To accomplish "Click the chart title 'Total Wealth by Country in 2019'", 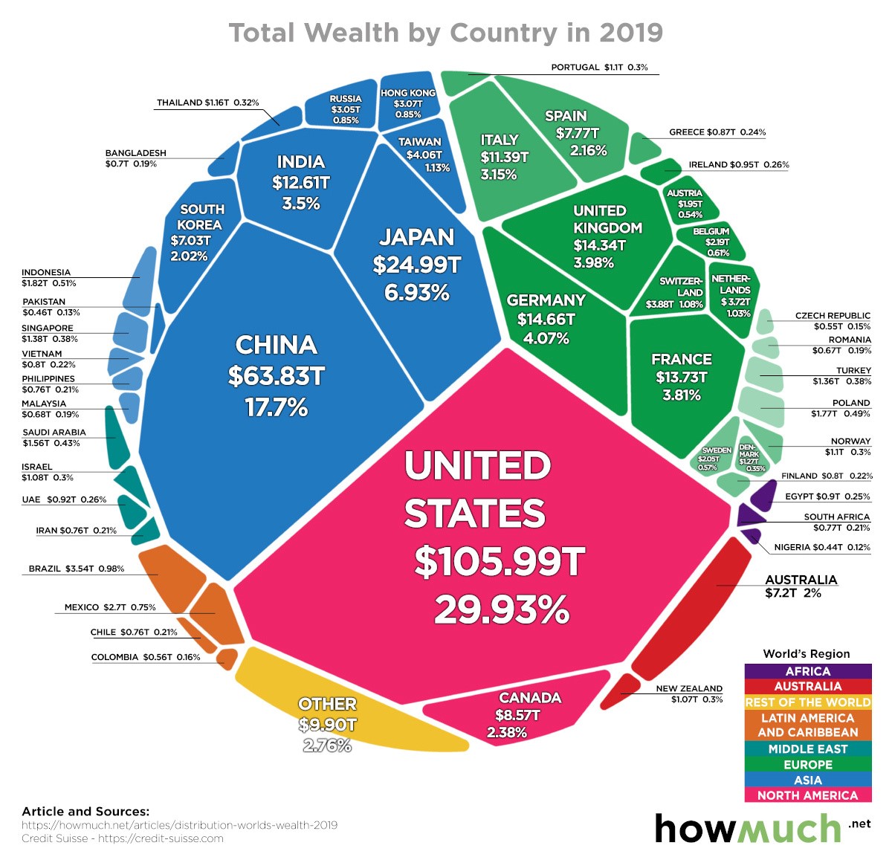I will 445,33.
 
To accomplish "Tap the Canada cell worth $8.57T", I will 520,714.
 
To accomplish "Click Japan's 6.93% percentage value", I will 416,292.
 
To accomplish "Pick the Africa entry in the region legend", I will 807,671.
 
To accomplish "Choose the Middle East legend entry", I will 807,749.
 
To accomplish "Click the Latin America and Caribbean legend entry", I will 807,725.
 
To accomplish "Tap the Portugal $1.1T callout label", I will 599,68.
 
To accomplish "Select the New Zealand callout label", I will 689,693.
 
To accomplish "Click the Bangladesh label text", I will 135,158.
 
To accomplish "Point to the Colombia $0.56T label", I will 146,657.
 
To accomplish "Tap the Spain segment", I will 572,134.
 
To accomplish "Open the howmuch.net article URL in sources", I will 179,825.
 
